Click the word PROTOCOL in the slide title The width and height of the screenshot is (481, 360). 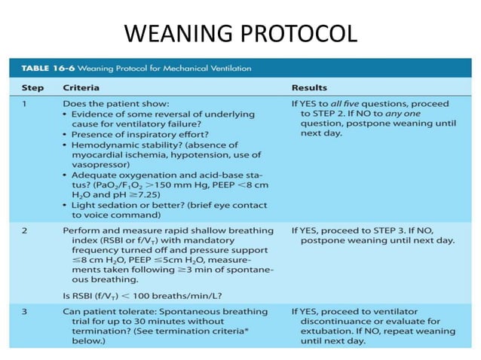(x=296, y=34)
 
